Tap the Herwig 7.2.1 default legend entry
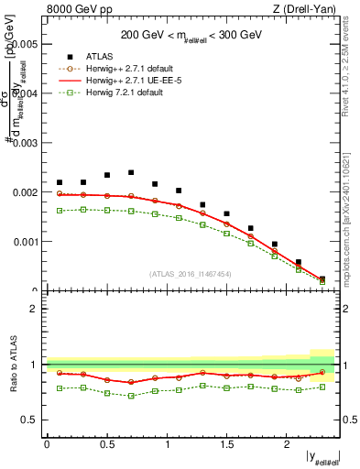tap(124, 93)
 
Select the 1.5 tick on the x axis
tap(226, 443)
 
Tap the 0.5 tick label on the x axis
tap(106, 443)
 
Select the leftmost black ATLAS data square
tap(60, 182)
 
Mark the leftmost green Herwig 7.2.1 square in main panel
tap(60, 211)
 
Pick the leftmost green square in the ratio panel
tap(60, 388)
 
